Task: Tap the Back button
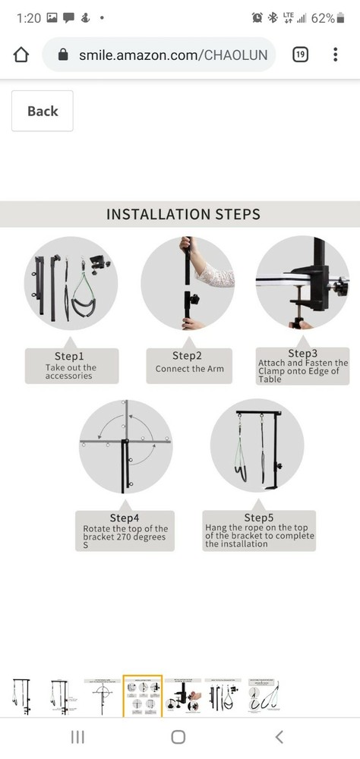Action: click(43, 111)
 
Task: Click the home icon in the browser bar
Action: click(21, 55)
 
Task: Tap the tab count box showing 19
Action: click(301, 55)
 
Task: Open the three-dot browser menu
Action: click(335, 55)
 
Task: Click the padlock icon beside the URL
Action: click(63, 55)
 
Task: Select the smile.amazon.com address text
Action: click(173, 55)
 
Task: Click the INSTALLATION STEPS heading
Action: click(183, 214)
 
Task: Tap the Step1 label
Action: click(69, 357)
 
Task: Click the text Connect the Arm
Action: click(189, 369)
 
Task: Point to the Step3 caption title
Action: click(303, 354)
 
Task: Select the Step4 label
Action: click(125, 518)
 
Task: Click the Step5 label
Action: click(259, 518)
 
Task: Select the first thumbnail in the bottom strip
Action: click(21, 697)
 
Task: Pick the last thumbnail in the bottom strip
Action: click(264, 697)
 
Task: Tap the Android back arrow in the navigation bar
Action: click(279, 737)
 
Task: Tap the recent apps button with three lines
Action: click(77, 737)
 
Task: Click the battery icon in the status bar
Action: click(340, 18)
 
